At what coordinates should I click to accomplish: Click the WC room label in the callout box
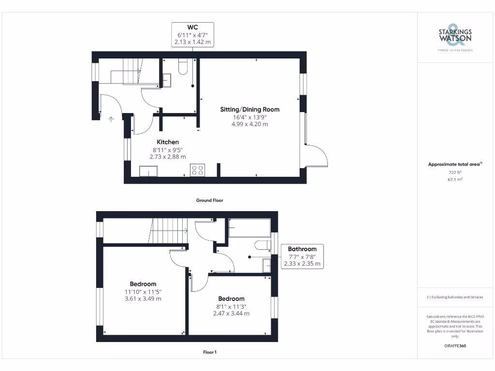coord(192,28)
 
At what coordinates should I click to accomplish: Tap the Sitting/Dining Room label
coord(249,109)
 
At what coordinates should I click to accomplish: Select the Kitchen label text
coord(167,142)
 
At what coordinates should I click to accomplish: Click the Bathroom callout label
coord(302,249)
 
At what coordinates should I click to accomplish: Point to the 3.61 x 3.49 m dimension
coord(143,299)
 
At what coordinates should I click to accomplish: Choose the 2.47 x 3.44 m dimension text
coord(231,313)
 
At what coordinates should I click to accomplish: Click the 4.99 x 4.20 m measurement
coord(249,124)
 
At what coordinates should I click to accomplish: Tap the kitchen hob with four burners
coord(197,171)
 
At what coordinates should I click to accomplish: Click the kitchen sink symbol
coord(148,171)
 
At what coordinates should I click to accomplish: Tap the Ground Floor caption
coord(209,200)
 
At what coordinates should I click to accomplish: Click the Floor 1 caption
coord(209,352)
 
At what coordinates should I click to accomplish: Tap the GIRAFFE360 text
coord(454,346)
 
